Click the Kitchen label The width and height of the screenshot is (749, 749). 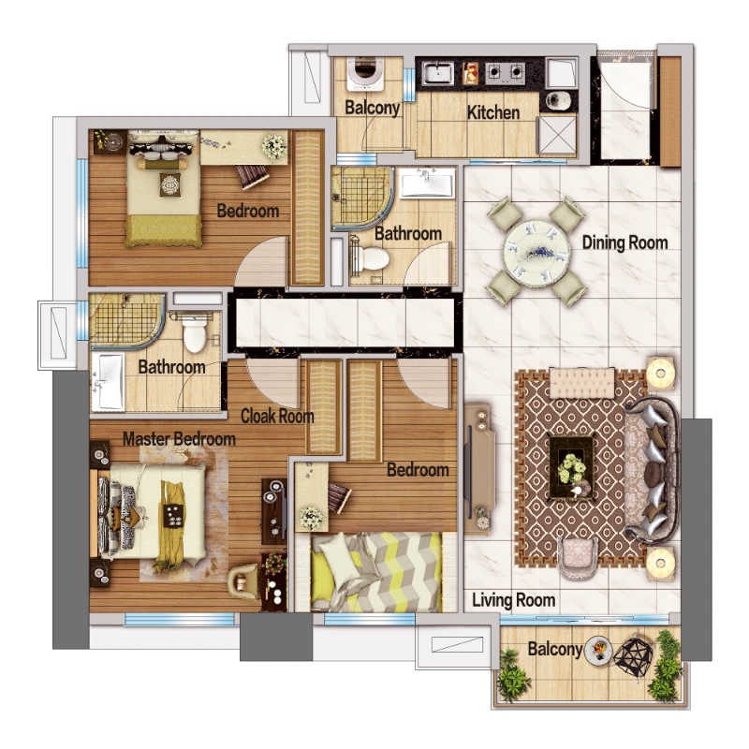coord(493,112)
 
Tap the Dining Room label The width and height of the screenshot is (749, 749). coord(624,242)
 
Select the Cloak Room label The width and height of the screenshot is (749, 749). coord(277,416)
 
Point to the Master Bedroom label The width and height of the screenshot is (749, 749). coord(179,439)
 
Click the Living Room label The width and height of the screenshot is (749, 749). coord(513,600)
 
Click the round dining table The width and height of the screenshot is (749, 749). coord(536,251)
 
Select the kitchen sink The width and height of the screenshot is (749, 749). coord(438,73)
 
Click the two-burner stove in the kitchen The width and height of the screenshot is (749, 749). coord(506,73)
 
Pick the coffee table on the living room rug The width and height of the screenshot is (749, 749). coord(571,466)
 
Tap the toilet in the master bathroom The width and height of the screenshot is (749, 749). coord(195,332)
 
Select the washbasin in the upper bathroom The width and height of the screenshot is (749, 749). coord(427,185)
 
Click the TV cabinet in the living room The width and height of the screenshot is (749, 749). coord(479,469)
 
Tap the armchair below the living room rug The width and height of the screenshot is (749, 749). coord(578,558)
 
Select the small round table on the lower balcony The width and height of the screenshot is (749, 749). coord(598,649)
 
